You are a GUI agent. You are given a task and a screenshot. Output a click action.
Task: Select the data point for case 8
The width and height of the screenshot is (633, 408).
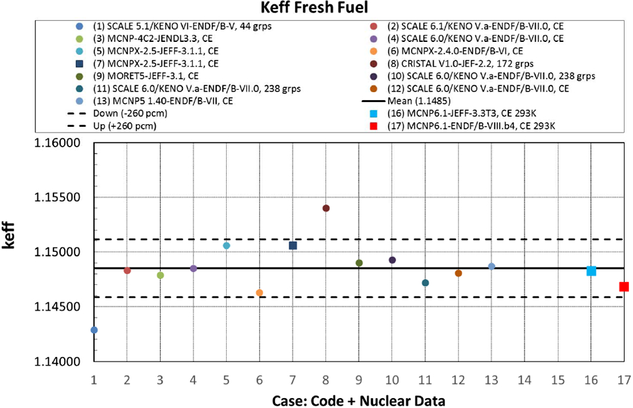tap(326, 208)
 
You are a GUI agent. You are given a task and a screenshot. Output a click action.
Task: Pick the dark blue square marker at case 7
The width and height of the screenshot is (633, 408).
tap(293, 245)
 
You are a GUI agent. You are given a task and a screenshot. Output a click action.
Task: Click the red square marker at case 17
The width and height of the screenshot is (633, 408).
tap(624, 286)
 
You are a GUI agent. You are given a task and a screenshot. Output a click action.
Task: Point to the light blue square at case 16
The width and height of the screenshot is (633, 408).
tap(591, 271)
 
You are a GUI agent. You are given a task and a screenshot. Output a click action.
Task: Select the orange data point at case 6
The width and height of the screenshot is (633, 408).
tap(259, 293)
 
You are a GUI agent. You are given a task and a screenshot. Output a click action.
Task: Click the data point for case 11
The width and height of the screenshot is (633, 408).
tap(425, 283)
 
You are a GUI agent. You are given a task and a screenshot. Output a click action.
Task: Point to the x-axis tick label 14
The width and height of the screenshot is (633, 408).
tap(525, 379)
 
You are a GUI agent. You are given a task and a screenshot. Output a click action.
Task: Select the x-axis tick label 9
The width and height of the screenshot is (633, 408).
tap(359, 379)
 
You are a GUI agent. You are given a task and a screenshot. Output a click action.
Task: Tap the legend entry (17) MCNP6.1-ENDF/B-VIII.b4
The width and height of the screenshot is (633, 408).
tap(477, 126)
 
